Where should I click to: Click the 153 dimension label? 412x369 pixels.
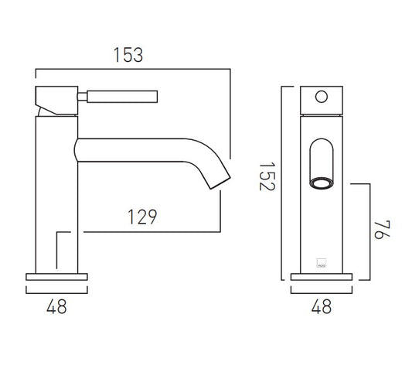click(x=128, y=55)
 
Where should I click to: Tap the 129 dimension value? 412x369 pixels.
click(x=142, y=217)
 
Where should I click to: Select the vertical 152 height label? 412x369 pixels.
click(x=267, y=176)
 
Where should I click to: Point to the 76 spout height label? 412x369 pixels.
click(x=382, y=230)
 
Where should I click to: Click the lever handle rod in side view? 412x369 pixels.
click(x=122, y=97)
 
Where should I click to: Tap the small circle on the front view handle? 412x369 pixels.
click(x=322, y=97)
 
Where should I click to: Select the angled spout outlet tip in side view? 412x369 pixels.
click(x=220, y=183)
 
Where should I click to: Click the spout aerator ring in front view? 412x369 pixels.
click(x=322, y=183)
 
